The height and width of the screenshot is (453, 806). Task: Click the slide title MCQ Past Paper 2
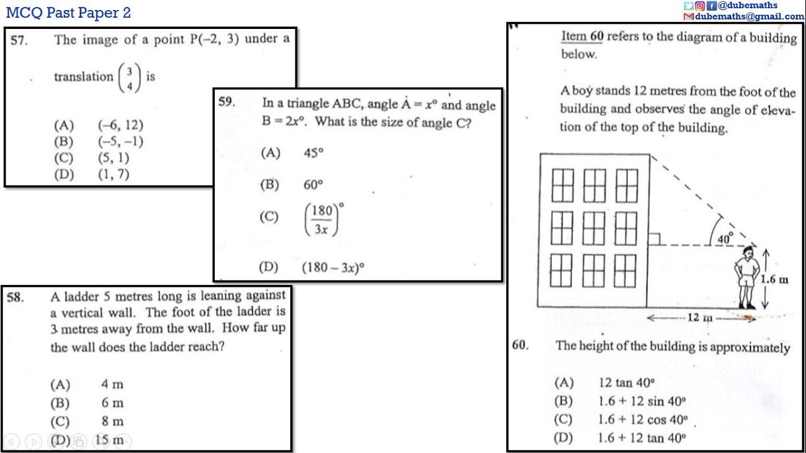click(x=68, y=13)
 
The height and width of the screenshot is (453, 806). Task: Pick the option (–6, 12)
click(x=120, y=125)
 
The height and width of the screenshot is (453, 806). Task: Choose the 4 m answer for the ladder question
click(x=112, y=384)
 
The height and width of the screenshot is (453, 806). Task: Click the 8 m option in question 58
click(x=112, y=422)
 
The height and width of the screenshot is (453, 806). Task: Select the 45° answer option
click(x=313, y=153)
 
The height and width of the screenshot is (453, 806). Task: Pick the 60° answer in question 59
click(x=313, y=185)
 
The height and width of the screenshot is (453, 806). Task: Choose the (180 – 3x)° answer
click(x=333, y=267)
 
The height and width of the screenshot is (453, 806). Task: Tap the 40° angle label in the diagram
click(x=725, y=238)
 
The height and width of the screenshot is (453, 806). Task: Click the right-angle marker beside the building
click(x=654, y=239)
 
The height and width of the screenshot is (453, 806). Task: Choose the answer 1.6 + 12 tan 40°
click(x=641, y=438)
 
